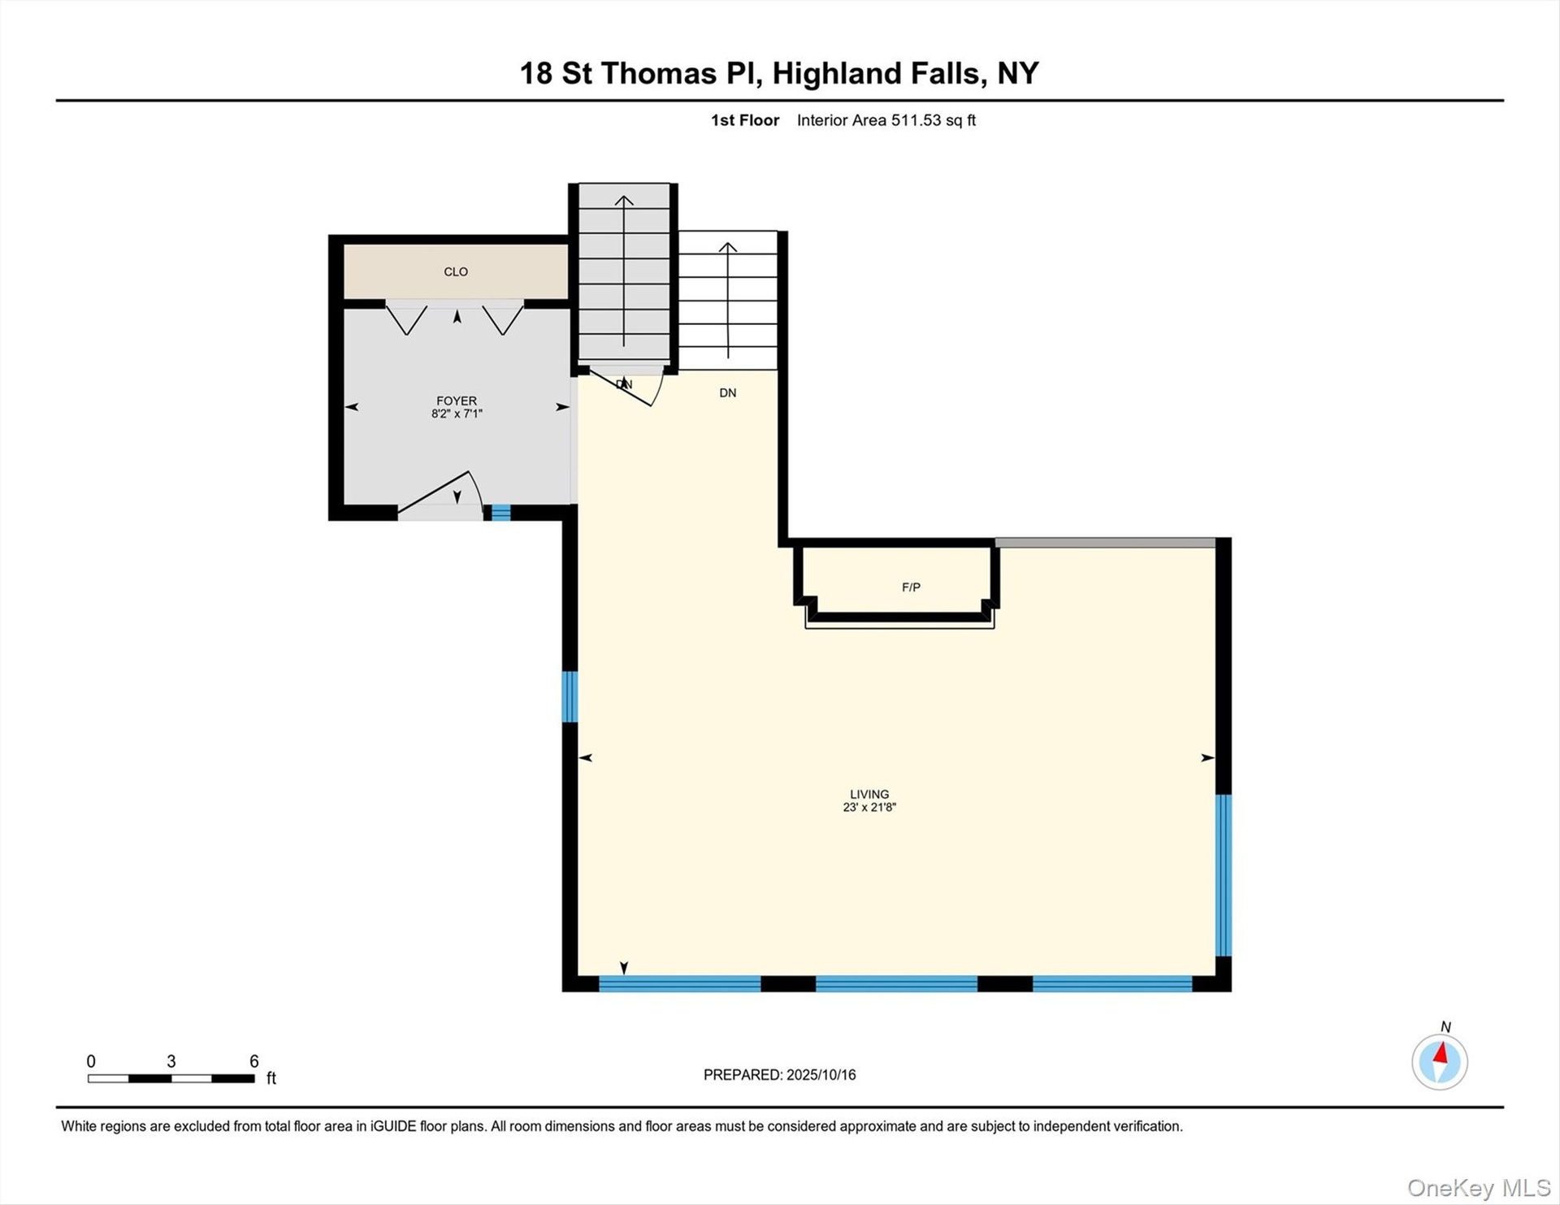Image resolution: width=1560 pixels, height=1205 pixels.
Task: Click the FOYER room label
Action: click(x=457, y=401)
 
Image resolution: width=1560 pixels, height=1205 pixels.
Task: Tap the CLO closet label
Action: click(x=456, y=272)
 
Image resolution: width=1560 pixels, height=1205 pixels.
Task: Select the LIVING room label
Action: click(x=869, y=794)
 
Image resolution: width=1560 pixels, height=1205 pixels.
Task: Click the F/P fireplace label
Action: click(x=911, y=587)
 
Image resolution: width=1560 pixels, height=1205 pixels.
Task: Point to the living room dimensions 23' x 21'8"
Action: click(x=869, y=807)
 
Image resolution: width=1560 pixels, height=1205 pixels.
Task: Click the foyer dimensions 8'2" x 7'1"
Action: click(x=457, y=414)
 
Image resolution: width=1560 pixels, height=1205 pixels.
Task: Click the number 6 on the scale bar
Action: click(x=254, y=1061)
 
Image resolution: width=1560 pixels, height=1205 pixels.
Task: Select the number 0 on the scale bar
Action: click(x=91, y=1061)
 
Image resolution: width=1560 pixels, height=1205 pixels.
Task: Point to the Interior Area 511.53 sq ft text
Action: click(x=886, y=120)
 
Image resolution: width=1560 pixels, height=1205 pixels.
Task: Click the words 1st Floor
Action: click(x=745, y=120)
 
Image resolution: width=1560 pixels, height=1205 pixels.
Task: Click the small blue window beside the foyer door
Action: click(x=500, y=513)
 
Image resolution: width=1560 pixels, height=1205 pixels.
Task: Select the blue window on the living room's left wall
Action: click(x=570, y=696)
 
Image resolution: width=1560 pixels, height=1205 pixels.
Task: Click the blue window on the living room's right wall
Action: click(x=1224, y=875)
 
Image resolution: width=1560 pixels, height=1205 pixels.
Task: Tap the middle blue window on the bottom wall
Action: click(x=896, y=984)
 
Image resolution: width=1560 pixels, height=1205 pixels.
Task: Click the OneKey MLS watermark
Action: click(x=1479, y=1188)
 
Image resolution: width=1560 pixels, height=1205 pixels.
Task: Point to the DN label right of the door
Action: click(x=728, y=393)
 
